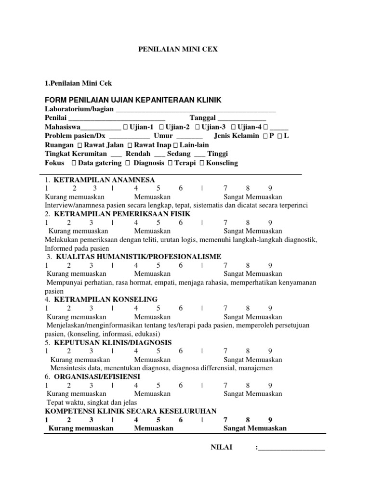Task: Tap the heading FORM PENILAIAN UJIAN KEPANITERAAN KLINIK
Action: pos(132,100)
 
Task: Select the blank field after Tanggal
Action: pos(242,118)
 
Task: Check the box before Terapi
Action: pos(171,163)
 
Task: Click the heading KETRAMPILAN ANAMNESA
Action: pos(104,180)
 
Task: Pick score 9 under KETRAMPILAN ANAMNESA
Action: pos(270,188)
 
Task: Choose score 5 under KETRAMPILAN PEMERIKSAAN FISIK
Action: pos(159,222)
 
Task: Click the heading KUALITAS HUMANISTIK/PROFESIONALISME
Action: pos(139,257)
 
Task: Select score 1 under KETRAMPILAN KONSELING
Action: pos(47,308)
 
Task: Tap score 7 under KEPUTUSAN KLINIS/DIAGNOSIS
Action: pos(225,351)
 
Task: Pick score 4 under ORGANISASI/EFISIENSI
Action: pos(136,385)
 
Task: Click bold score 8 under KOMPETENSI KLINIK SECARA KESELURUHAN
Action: pos(248,419)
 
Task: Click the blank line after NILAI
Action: pos(291,448)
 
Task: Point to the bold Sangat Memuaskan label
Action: pos(255,428)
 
